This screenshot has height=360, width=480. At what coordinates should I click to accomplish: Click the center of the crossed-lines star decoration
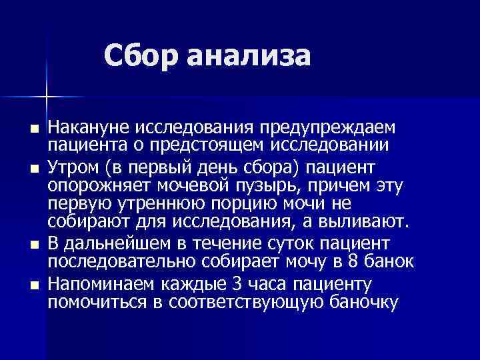click(47, 97)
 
